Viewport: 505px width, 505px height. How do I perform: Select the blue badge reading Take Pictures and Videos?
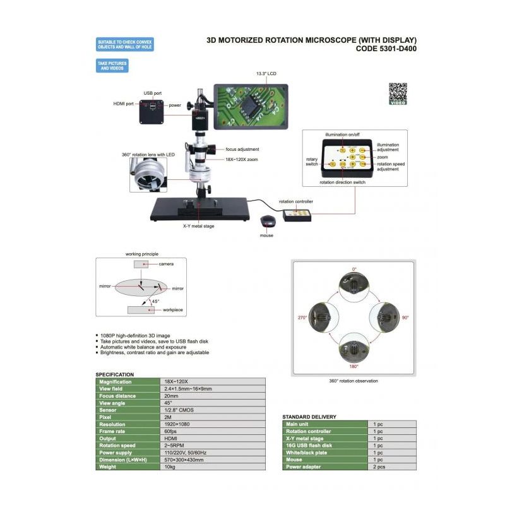[112, 66]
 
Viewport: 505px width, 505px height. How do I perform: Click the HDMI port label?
[123, 104]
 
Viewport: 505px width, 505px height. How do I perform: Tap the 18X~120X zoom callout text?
[242, 160]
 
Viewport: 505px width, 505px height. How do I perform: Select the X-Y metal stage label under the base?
[198, 226]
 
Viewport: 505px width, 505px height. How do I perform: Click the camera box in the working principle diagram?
[141, 264]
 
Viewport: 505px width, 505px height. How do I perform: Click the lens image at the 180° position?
[353, 349]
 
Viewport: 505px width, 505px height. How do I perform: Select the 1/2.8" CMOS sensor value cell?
[179, 410]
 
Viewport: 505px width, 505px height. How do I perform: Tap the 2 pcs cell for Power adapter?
[379, 466]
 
